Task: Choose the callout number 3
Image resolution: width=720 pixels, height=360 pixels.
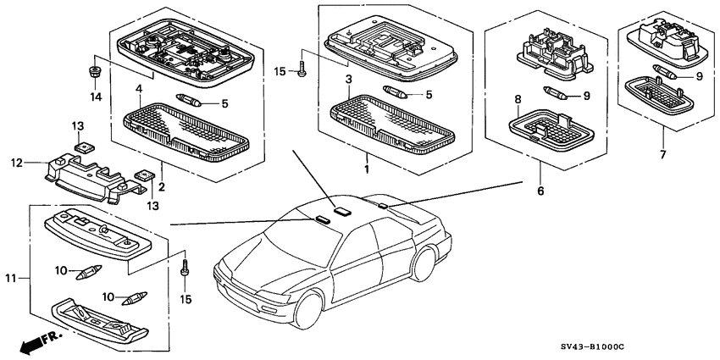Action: coord(347,79)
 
